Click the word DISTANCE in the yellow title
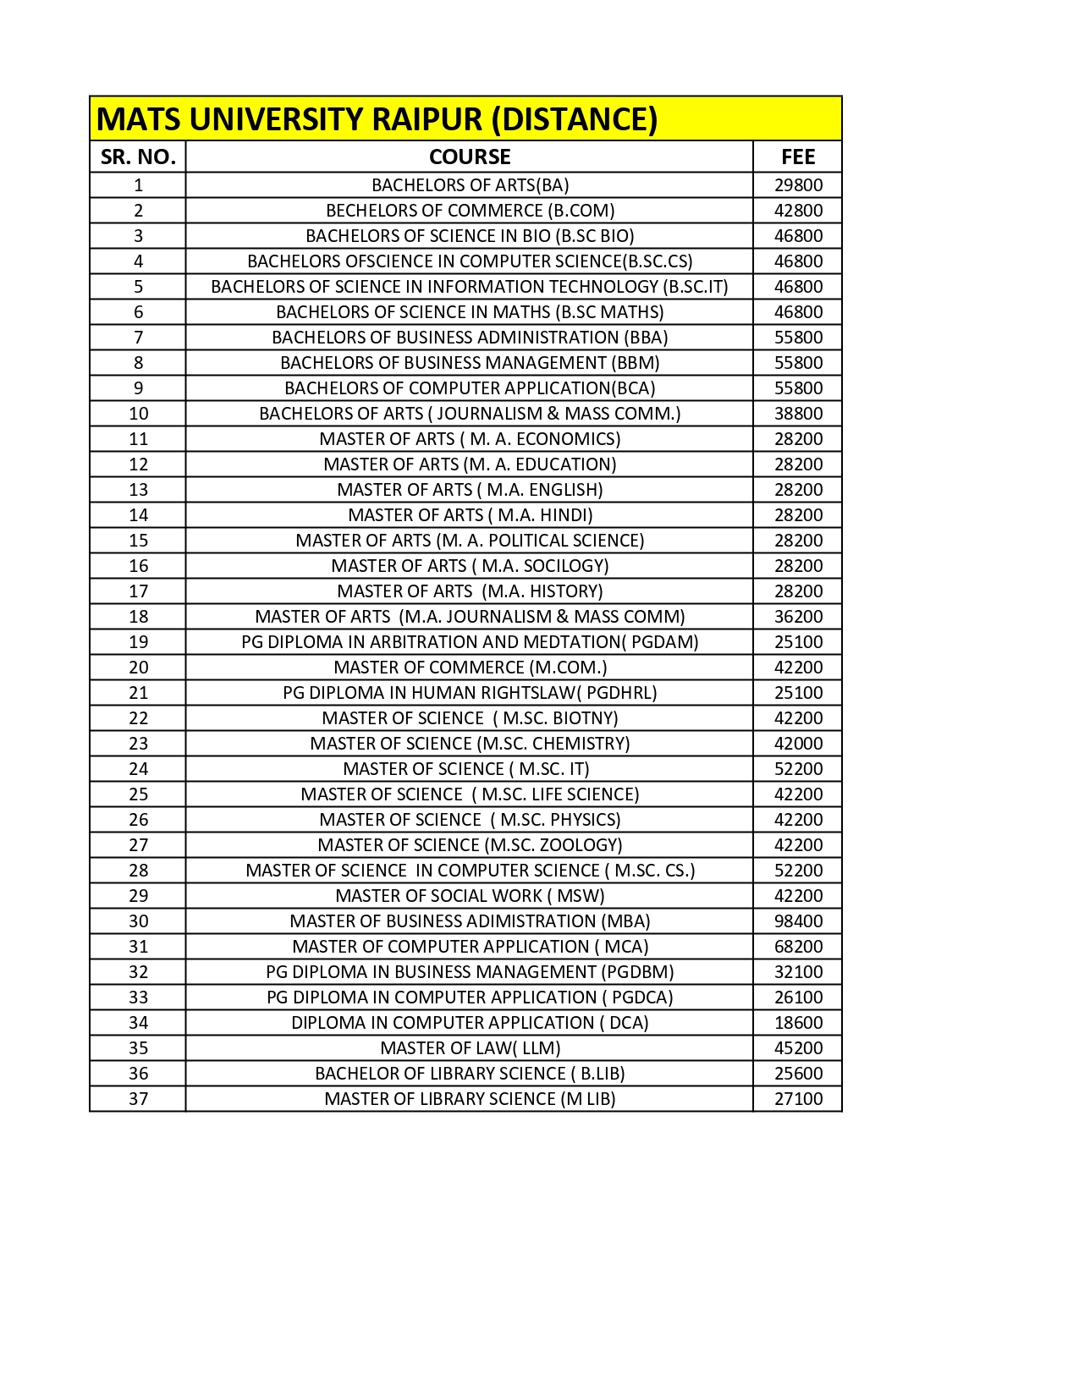(x=579, y=119)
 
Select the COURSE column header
(x=470, y=157)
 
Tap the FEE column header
(x=798, y=157)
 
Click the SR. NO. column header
(x=138, y=157)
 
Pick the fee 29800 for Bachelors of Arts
(x=798, y=185)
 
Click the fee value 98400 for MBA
(x=798, y=921)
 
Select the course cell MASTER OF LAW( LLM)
(x=470, y=1048)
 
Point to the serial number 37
(x=138, y=1099)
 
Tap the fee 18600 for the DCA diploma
(x=798, y=1023)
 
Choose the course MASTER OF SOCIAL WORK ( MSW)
(x=470, y=896)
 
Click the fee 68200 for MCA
(x=798, y=947)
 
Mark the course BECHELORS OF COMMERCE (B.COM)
(x=470, y=211)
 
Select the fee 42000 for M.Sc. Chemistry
(x=798, y=744)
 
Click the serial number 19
(x=138, y=642)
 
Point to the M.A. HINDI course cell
(x=470, y=515)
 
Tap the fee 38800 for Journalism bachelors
(x=798, y=414)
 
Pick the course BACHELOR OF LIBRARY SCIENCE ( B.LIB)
(x=470, y=1074)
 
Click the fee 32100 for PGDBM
(x=798, y=972)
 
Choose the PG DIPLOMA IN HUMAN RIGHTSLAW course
(x=470, y=693)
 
